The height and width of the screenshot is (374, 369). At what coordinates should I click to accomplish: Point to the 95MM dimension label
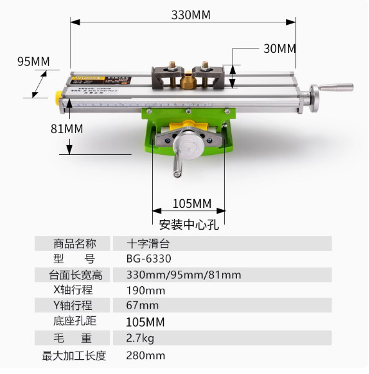[x=33, y=61]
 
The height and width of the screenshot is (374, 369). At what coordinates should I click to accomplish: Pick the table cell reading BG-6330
[x=148, y=259]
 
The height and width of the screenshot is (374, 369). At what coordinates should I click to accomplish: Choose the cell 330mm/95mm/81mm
[x=183, y=274]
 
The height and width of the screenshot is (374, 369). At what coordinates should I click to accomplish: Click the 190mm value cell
[x=146, y=291]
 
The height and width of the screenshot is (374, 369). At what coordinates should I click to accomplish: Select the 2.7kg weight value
[x=140, y=339]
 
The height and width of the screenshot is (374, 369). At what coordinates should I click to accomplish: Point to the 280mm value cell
[x=146, y=355]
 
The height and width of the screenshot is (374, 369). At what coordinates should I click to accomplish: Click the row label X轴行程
[x=74, y=290]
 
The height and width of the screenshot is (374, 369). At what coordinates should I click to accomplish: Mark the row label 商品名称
[x=74, y=243]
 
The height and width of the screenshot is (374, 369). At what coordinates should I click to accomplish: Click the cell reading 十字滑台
[x=148, y=243]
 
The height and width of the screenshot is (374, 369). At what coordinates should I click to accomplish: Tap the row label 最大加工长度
[x=74, y=355]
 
